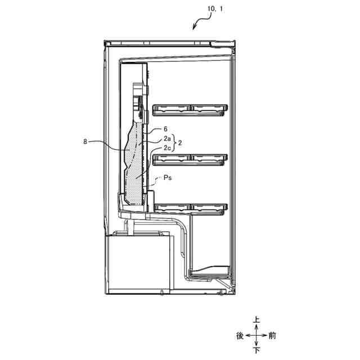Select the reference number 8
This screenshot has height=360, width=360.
pyautogui.click(x=85, y=142)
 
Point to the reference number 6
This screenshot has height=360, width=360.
pyautogui.click(x=165, y=129)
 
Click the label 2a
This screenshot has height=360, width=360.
pyautogui.click(x=167, y=138)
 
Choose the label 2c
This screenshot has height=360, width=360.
pyautogui.click(x=167, y=147)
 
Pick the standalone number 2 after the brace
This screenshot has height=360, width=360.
pyautogui.click(x=180, y=143)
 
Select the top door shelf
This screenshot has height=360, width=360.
pyautogui.click(x=190, y=109)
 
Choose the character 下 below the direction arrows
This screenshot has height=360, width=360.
pyautogui.click(x=256, y=350)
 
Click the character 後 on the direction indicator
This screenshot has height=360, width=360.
pyautogui.click(x=240, y=336)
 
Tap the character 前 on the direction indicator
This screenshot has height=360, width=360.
pyautogui.click(x=272, y=336)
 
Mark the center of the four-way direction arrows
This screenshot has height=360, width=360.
pyautogui.click(x=256, y=336)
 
